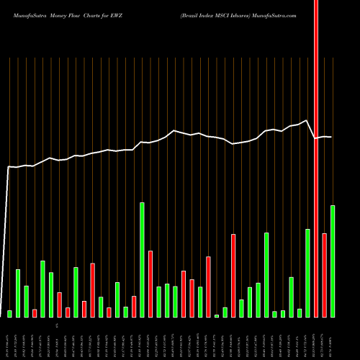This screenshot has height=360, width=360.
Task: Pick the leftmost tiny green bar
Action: (x=10, y=313)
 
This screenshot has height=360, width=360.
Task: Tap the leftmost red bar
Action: (x=35, y=312)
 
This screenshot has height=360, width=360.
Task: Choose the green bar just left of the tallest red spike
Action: (x=307, y=273)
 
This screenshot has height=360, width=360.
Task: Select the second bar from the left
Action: (x=18, y=293)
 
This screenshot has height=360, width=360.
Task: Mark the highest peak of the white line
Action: (x=307, y=121)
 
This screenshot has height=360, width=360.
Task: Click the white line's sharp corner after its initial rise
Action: (x=9, y=167)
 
